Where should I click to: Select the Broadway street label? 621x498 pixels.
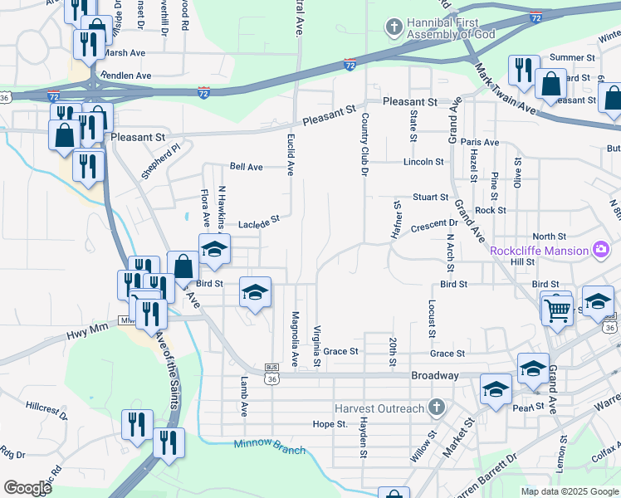click(435, 376)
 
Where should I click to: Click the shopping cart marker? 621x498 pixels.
click(557, 310)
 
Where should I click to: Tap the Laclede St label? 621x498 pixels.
click(260, 222)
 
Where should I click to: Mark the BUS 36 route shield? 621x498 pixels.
click(271, 374)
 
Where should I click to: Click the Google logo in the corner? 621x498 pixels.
click(27, 488)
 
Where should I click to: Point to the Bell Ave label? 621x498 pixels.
click(247, 167)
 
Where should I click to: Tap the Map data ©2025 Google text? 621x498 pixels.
click(569, 491)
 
